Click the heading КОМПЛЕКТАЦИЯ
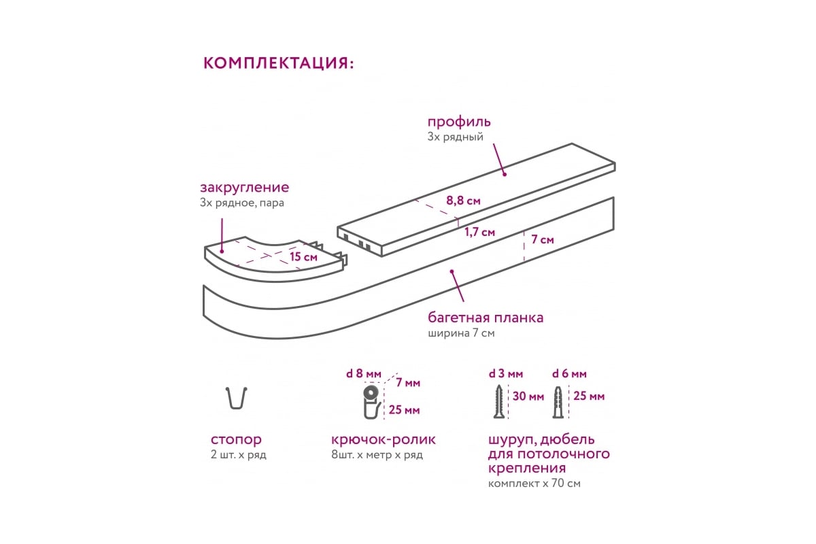[x=278, y=63]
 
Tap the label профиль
[x=459, y=122]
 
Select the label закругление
[x=244, y=188]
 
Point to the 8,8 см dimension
[x=463, y=201]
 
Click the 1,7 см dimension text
[x=480, y=232]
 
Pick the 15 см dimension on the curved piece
[x=303, y=257]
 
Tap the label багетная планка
[x=486, y=318]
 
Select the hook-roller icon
[x=371, y=403]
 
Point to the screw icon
[x=498, y=401]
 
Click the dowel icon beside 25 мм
[x=558, y=402]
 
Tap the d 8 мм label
[x=364, y=373]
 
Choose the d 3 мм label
[x=506, y=373]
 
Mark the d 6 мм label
[x=569, y=373]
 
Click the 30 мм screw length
[x=528, y=396]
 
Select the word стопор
[x=236, y=439]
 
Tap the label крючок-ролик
[x=384, y=440]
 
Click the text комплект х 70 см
[x=534, y=483]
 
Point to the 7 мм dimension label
[x=408, y=383]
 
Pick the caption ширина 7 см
[x=461, y=333]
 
